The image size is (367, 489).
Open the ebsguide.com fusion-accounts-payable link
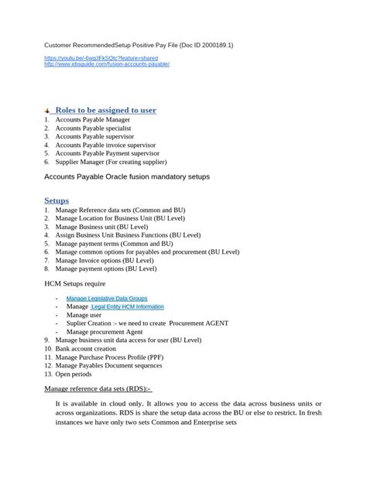point(107,64)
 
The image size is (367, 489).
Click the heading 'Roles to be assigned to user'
point(105,110)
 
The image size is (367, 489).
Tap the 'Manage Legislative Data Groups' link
point(106,298)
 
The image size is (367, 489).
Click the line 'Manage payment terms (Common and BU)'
point(114,243)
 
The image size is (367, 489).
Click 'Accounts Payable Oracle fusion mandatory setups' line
point(127,177)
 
